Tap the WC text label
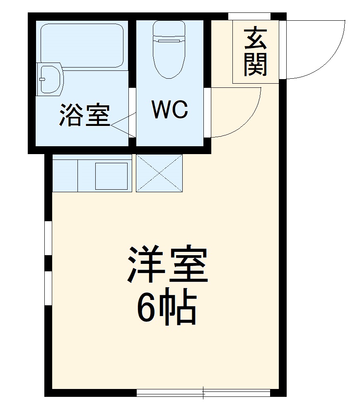click(x=170, y=109)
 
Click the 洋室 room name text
click(x=167, y=265)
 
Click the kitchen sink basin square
click(x=111, y=176)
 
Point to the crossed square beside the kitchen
click(x=159, y=173)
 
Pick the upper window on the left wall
click(x=48, y=238)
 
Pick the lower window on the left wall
click(x=48, y=288)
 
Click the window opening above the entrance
click(x=249, y=16)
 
